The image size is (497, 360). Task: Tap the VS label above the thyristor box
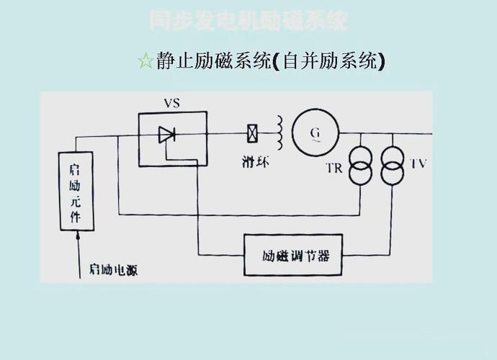click(171, 103)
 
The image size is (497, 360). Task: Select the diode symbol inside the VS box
click(168, 133)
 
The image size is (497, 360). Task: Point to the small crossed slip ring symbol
click(254, 133)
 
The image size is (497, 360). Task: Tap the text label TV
click(418, 163)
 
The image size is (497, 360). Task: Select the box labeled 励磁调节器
click(292, 255)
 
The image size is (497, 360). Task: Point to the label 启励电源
click(114, 270)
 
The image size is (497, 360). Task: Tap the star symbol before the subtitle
click(145, 61)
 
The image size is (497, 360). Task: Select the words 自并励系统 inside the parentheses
click(331, 61)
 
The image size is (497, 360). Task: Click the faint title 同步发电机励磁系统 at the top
click(248, 20)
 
